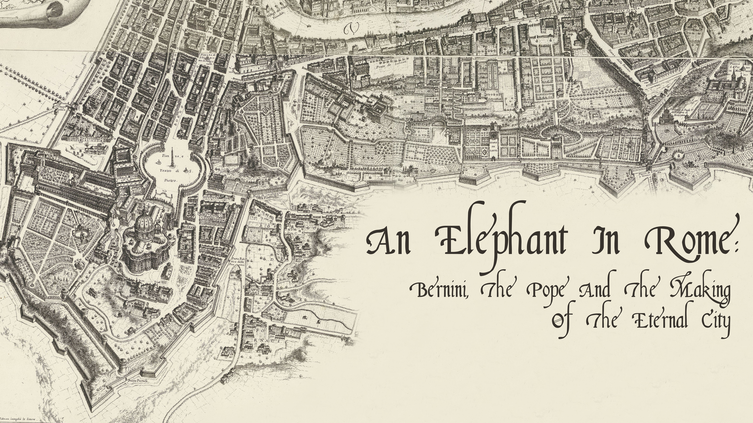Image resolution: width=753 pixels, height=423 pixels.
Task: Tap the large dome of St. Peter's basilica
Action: tap(145, 226)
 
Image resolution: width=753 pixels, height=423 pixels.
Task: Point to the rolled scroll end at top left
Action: tap(56, 9)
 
